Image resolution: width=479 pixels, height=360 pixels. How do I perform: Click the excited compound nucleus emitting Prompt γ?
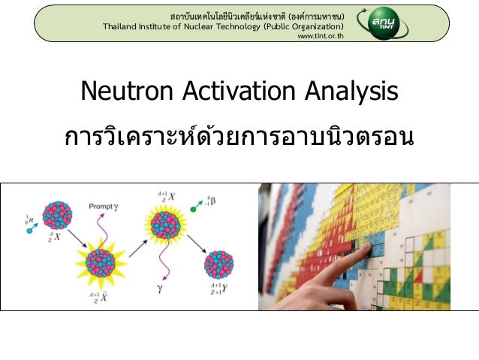pyautogui.click(x=101, y=262)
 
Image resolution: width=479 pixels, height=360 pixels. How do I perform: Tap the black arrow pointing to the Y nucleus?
pyautogui.click(x=197, y=244)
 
